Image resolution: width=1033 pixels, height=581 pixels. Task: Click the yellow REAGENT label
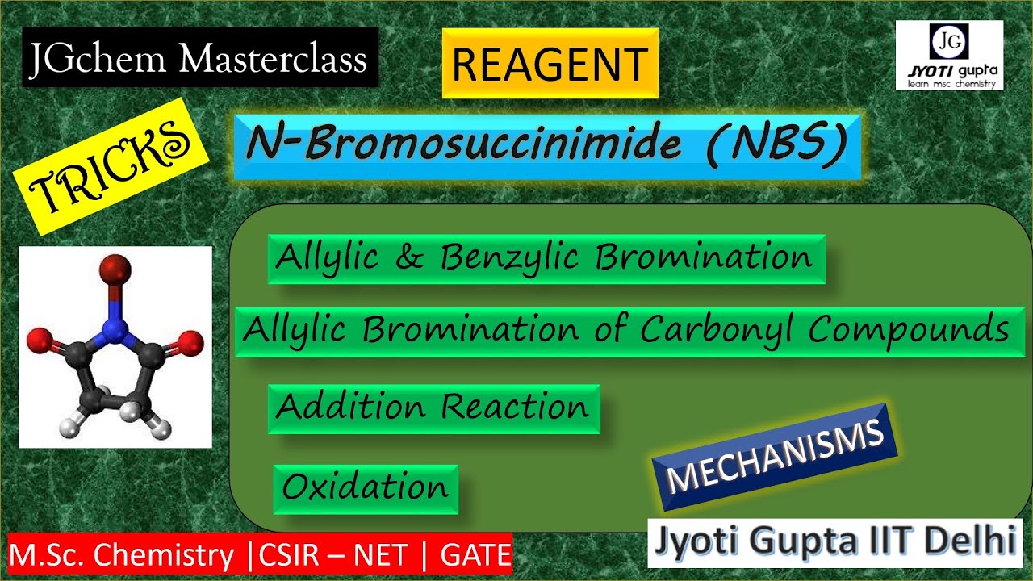point(550,64)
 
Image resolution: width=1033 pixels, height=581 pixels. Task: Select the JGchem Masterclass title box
point(199,59)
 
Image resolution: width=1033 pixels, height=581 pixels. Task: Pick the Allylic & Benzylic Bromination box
point(546,258)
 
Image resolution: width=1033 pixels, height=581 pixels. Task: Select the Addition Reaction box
point(433,408)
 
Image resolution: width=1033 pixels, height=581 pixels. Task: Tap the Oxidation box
point(366,487)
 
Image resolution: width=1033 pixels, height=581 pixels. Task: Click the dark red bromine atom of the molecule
point(118,267)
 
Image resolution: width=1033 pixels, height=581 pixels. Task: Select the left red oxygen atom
point(38,344)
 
